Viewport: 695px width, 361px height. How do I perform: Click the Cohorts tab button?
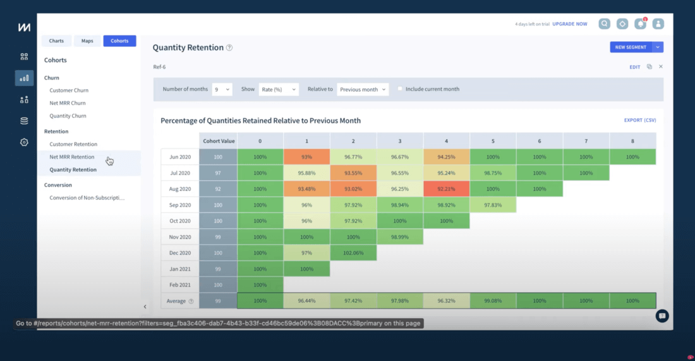[x=119, y=41]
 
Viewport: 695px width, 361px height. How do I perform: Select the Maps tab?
[x=87, y=41]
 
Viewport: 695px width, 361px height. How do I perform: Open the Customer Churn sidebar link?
[x=69, y=90]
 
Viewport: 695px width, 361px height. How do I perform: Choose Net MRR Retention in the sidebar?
[x=72, y=157]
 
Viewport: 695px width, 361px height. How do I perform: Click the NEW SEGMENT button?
[x=631, y=47]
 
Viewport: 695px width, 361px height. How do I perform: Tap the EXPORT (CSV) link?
[x=640, y=120]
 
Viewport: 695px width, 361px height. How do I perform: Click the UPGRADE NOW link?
[x=569, y=24]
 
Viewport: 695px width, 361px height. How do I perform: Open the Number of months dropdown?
[x=222, y=90]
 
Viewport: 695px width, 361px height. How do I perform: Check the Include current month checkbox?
[x=400, y=89]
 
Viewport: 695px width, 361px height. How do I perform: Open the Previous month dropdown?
[x=363, y=90]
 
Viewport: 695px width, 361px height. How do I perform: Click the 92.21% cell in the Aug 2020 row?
[x=447, y=188]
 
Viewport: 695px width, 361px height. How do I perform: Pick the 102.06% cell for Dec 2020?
[x=353, y=253]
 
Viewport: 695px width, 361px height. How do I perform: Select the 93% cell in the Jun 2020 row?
[x=307, y=157]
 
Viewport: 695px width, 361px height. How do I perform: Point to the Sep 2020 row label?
[x=180, y=205]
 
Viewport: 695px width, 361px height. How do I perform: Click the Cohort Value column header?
[x=218, y=140]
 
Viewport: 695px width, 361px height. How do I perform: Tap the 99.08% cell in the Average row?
[x=493, y=301]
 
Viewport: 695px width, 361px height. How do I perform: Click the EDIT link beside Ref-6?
[x=634, y=67]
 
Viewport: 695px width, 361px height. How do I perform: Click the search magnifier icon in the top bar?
[x=605, y=24]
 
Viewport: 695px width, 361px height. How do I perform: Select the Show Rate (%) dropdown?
[x=278, y=90]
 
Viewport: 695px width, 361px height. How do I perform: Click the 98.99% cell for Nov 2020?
[x=400, y=236]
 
